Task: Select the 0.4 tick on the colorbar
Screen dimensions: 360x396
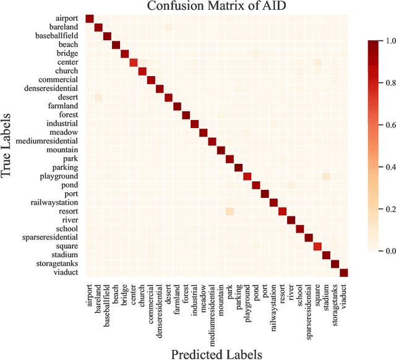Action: [x=384, y=167]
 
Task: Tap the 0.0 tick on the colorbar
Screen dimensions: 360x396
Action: [x=384, y=251]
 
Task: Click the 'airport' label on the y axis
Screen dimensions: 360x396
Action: [x=66, y=19]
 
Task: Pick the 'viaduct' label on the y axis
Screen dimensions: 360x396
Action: [x=66, y=273]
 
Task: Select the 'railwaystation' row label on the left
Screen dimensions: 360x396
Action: [x=54, y=202]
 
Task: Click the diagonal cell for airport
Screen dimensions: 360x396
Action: [x=89, y=19]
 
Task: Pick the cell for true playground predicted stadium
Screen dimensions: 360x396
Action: [x=326, y=176]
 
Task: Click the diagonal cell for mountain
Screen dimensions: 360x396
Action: [x=221, y=150]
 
